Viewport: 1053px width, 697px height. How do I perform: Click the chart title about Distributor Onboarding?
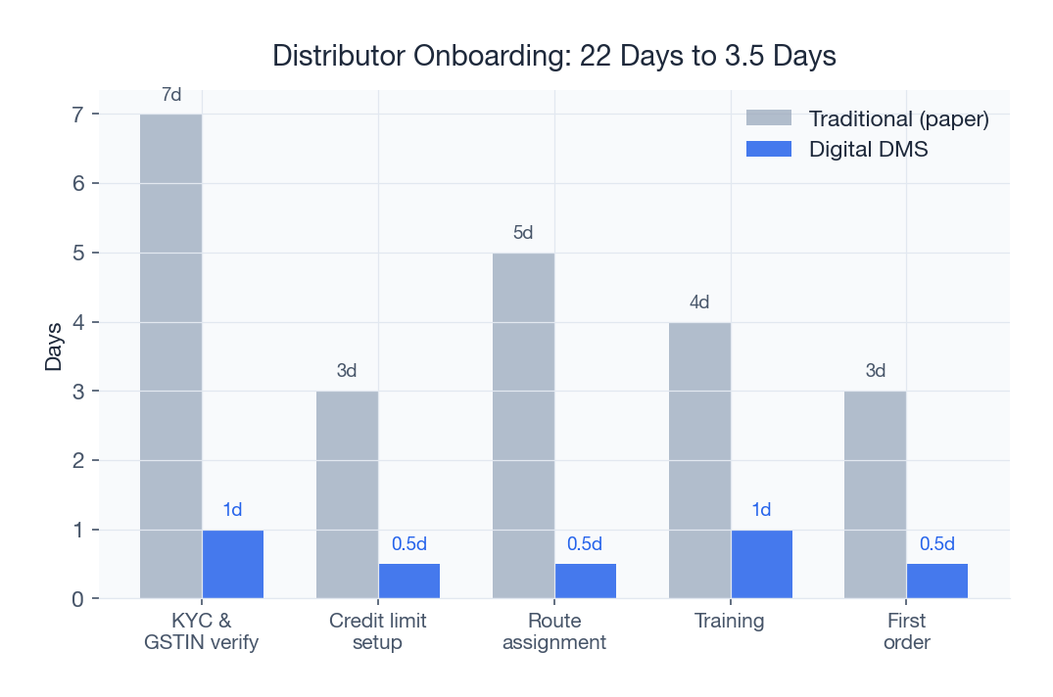click(x=553, y=56)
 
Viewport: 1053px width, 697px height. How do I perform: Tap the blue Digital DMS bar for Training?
click(x=761, y=564)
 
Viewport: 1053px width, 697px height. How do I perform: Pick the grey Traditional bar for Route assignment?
click(x=523, y=426)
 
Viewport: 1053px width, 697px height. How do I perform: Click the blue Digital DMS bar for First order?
click(x=936, y=581)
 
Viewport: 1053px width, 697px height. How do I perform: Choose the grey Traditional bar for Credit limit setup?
click(x=347, y=494)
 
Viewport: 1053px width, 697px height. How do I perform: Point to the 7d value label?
click(x=171, y=95)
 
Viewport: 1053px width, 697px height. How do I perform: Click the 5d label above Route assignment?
click(x=523, y=233)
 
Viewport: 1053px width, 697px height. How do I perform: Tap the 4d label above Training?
click(x=699, y=302)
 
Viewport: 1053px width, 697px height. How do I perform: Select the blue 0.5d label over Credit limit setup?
click(x=409, y=544)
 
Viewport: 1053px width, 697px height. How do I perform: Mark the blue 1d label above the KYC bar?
click(x=232, y=509)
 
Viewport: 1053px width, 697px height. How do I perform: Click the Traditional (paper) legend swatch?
click(x=768, y=118)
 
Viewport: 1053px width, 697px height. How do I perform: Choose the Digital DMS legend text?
click(x=868, y=150)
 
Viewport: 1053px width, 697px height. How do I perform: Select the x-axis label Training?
click(x=730, y=621)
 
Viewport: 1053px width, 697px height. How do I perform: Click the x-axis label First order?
click(x=906, y=631)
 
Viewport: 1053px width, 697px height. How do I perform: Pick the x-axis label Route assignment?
click(x=553, y=631)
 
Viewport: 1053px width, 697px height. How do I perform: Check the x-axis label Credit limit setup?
click(x=378, y=631)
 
